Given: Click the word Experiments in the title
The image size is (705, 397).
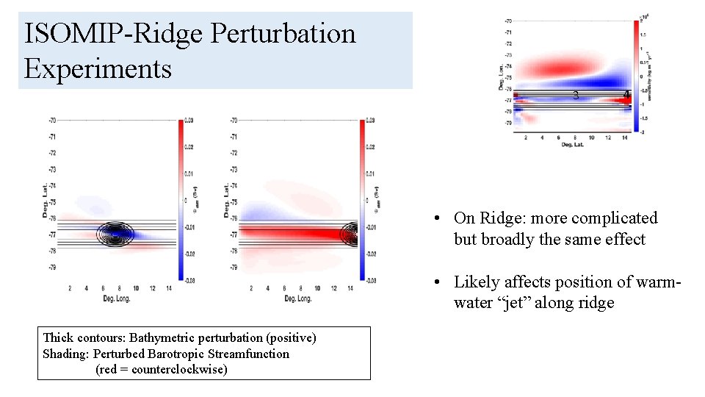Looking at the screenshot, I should click(x=98, y=69).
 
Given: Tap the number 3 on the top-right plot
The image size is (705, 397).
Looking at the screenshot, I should click(x=576, y=95).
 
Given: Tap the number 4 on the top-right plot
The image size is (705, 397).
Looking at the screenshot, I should click(x=626, y=95).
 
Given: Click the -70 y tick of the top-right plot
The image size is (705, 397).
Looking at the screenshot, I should click(x=507, y=21).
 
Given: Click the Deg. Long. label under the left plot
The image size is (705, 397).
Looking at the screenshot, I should click(x=116, y=298).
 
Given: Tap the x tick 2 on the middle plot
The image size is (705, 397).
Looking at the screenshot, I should click(x=251, y=288).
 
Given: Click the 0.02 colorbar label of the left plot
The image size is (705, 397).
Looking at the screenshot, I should click(x=190, y=148).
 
